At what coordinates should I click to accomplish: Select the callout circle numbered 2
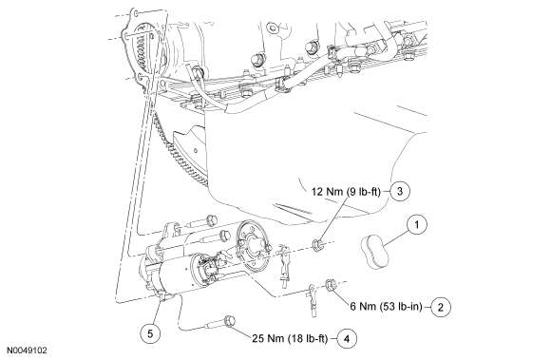click(444, 306)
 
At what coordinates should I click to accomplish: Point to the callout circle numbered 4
click(349, 336)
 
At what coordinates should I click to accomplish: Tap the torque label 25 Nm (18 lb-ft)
click(292, 336)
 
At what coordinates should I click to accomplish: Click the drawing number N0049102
click(25, 351)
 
